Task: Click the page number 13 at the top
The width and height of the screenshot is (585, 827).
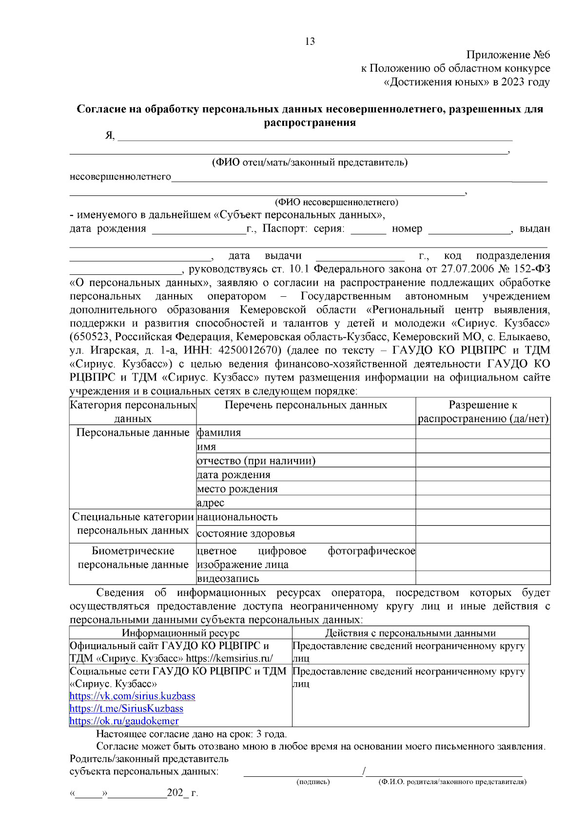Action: pyautogui.click(x=310, y=41)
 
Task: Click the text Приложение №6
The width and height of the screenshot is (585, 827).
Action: pyautogui.click(x=508, y=55)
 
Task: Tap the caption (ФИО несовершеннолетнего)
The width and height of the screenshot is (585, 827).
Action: pyautogui.click(x=336, y=202)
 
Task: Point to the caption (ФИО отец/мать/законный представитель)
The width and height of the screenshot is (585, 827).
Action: pyautogui.click(x=310, y=162)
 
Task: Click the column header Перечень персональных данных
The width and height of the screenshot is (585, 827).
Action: pyautogui.click(x=306, y=405)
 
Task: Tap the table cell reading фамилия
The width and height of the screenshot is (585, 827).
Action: pyautogui.click(x=219, y=433)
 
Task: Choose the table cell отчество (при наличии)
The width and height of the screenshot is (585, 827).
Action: pyautogui.click(x=256, y=461)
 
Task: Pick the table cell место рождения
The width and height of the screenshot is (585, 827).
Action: pyautogui.click(x=237, y=489)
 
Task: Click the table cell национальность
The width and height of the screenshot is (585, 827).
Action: pyautogui.click(x=237, y=517)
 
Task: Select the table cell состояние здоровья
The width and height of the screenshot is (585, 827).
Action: pyautogui.click(x=246, y=534)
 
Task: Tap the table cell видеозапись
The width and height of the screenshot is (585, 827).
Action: pyautogui.click(x=228, y=578)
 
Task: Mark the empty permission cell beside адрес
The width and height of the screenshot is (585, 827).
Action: pyautogui.click(x=483, y=503)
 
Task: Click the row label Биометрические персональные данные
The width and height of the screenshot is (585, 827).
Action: pyautogui.click(x=133, y=558)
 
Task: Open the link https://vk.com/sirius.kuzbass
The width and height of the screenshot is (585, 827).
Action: pyautogui.click(x=133, y=696)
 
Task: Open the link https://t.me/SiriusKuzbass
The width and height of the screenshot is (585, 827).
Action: pyautogui.click(x=127, y=709)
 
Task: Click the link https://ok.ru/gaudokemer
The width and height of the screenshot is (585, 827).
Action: pyautogui.click(x=124, y=721)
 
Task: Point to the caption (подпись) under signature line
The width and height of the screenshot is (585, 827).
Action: pyautogui.click(x=313, y=782)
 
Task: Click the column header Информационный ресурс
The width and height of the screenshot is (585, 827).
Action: pyautogui.click(x=180, y=633)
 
